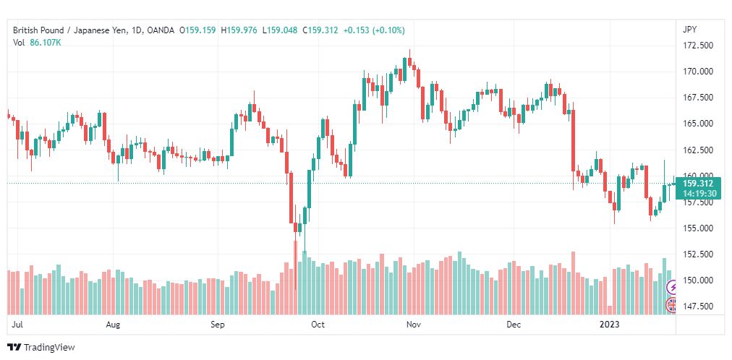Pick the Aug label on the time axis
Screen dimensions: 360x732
click(x=112, y=325)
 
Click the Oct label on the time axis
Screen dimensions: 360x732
click(x=318, y=325)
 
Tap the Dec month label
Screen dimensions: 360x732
click(x=514, y=325)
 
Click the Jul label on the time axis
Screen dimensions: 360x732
click(x=18, y=325)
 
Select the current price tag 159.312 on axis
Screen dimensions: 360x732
click(x=698, y=184)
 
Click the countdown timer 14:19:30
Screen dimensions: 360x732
click(x=698, y=194)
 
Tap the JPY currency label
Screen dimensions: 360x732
click(x=689, y=30)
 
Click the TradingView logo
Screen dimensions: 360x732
click(x=41, y=348)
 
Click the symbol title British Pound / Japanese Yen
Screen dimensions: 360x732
click(x=72, y=30)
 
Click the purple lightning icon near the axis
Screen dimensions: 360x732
click(x=672, y=288)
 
